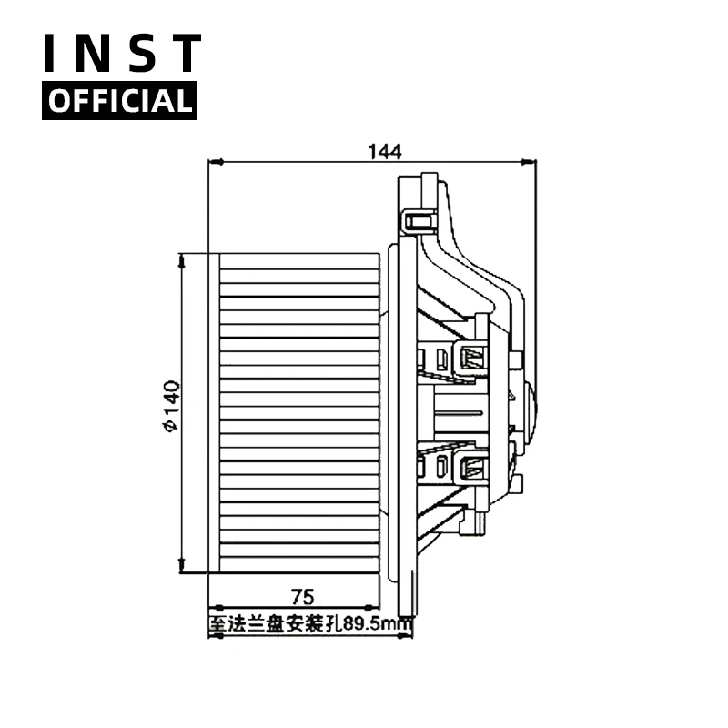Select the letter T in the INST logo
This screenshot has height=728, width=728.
(x=186, y=53)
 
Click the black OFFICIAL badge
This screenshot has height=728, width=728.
(x=119, y=101)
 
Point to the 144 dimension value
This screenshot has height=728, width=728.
(x=384, y=151)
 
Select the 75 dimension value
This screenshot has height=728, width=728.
(x=302, y=597)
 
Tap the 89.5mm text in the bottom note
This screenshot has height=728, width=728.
(x=378, y=624)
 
